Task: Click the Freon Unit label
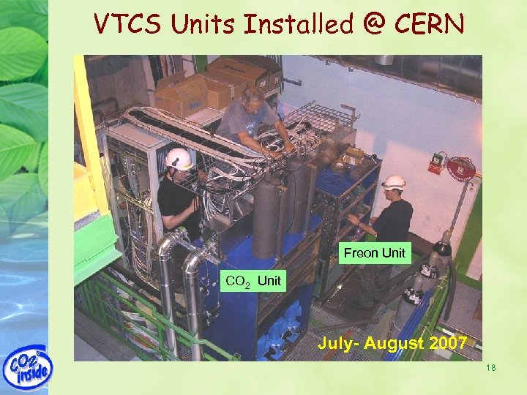click(x=375, y=253)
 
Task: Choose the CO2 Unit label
click(x=253, y=280)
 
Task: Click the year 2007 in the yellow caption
click(x=441, y=342)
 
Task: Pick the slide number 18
click(x=490, y=367)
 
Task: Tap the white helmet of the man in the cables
click(x=178, y=158)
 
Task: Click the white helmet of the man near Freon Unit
click(x=395, y=182)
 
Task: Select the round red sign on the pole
click(x=461, y=169)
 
